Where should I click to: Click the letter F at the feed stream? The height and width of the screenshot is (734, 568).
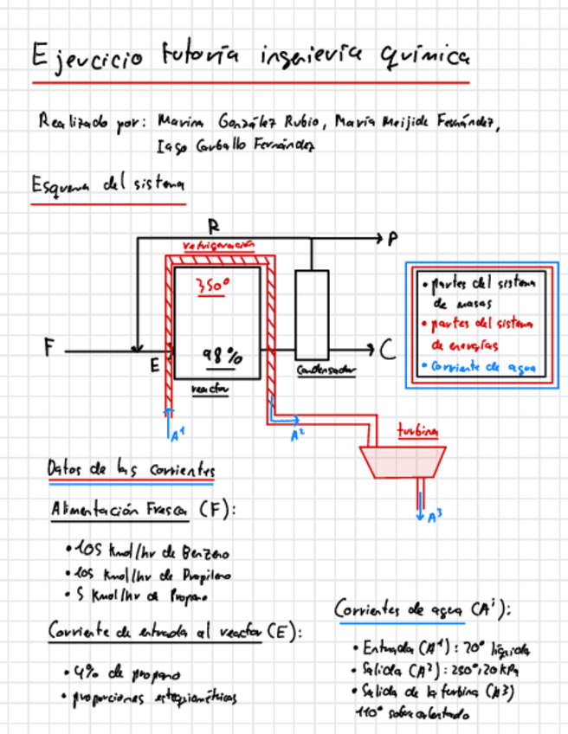tap(49, 348)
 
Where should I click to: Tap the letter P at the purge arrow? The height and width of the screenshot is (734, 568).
tap(393, 237)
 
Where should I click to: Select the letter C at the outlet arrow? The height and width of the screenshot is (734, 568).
tap(388, 350)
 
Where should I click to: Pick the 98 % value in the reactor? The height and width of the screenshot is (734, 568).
tap(223, 356)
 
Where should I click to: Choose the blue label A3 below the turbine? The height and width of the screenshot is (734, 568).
tap(435, 517)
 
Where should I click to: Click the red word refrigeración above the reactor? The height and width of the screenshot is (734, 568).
tap(219, 245)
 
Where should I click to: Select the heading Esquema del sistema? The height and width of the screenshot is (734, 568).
tap(107, 184)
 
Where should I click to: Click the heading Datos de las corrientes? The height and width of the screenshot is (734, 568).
tap(131, 469)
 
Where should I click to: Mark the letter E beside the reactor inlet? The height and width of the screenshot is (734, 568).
tap(154, 366)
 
